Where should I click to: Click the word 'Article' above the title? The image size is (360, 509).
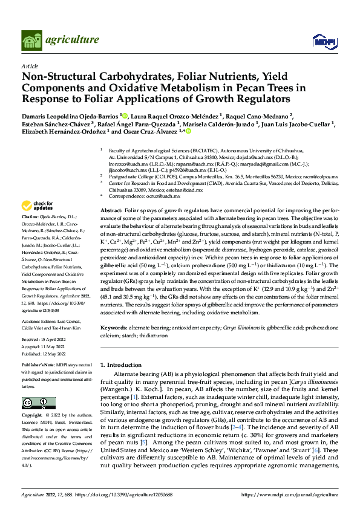(x=30, y=66)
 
